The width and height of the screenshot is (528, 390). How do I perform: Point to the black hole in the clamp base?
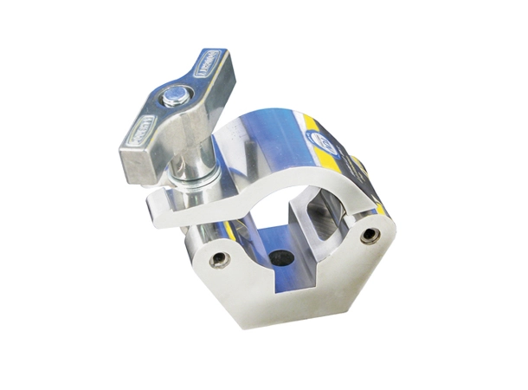click(279, 257)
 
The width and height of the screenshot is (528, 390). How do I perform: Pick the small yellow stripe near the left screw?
click(229, 231)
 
